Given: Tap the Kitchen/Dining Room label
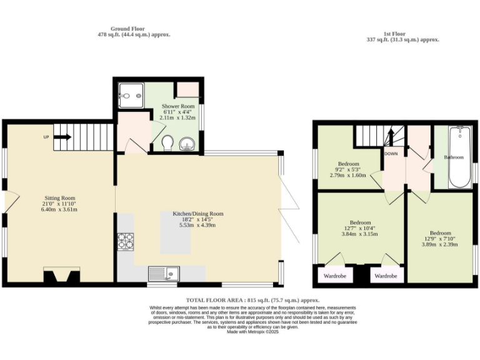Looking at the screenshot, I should coord(197,214).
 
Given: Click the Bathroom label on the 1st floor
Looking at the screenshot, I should coord(453,157).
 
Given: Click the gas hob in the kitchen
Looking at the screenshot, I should coord(126,241).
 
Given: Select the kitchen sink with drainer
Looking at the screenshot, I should coord(164,273).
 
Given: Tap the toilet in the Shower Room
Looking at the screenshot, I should coord(167,144).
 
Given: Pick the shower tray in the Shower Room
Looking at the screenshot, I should coord(129,96).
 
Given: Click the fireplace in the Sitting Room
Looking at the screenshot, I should coord(61,276).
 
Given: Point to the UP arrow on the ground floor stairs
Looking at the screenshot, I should coord(62,137).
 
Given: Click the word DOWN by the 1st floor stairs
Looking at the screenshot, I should coord(391,153).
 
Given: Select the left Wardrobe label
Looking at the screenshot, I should coord(336,276).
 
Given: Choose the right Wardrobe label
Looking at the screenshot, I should coord(386,276).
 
